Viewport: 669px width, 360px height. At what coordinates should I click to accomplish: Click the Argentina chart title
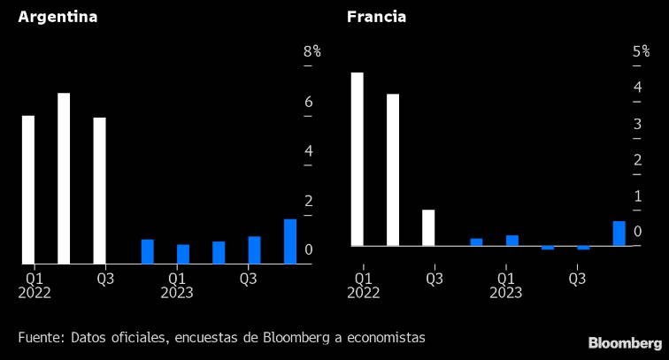[x=58, y=17]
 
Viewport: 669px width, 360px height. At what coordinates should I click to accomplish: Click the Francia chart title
[x=376, y=17]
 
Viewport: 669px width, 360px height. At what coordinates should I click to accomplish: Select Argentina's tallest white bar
[x=64, y=178]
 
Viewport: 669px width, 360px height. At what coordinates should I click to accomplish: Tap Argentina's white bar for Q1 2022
[x=28, y=189]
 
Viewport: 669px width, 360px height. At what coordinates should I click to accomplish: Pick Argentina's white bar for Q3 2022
[x=99, y=190]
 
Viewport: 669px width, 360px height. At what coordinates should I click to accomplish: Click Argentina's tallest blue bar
[x=290, y=241]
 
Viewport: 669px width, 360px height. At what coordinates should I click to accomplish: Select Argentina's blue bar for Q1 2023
[x=183, y=254]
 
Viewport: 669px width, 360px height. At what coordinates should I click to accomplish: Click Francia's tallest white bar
[x=357, y=159]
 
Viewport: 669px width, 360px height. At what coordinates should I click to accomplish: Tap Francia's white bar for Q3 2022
[x=428, y=227]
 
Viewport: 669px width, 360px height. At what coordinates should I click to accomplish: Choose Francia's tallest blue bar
[x=619, y=234]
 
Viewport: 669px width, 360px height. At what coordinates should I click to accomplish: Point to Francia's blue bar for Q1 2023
[x=511, y=241]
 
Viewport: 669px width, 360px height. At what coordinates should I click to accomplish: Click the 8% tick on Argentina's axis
[x=311, y=51]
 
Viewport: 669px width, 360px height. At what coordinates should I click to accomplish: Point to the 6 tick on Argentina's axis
[x=308, y=102]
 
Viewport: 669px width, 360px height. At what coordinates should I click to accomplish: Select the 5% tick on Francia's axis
[x=641, y=51]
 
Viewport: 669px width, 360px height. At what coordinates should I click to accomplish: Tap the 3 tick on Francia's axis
[x=637, y=124]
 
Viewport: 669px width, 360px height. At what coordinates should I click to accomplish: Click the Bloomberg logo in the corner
[x=625, y=342]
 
